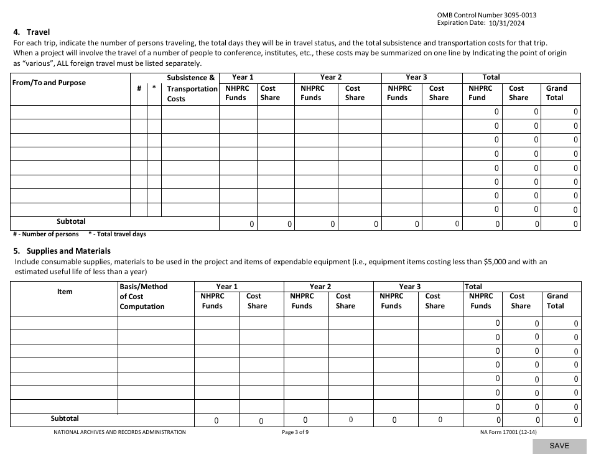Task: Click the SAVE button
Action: pyautogui.click(x=559, y=446)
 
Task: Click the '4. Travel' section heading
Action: pyautogui.click(x=31, y=32)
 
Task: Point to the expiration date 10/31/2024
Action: pyautogui.click(x=507, y=23)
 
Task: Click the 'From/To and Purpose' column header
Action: pyautogui.click(x=49, y=83)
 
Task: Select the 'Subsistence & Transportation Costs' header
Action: pyautogui.click(x=191, y=88)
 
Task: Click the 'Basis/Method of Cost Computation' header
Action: pyautogui.click(x=143, y=297)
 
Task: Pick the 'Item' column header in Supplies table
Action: pyautogui.click(x=65, y=292)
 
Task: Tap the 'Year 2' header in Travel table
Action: pyautogui.click(x=331, y=77)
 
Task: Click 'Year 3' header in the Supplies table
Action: pyautogui.click(x=410, y=287)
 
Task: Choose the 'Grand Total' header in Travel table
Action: pyautogui.click(x=556, y=93)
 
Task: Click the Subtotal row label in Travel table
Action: pyautogui.click(x=71, y=221)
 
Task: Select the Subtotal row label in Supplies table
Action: pyautogui.click(x=65, y=418)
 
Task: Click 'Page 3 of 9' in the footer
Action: pyautogui.click(x=295, y=432)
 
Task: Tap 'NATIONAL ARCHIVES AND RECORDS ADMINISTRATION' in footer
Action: pyautogui.click(x=119, y=432)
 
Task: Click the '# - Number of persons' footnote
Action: pyautogui.click(x=46, y=234)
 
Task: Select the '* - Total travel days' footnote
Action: pyautogui.click(x=117, y=234)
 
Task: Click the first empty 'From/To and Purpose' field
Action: pyautogui.click(x=70, y=112)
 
